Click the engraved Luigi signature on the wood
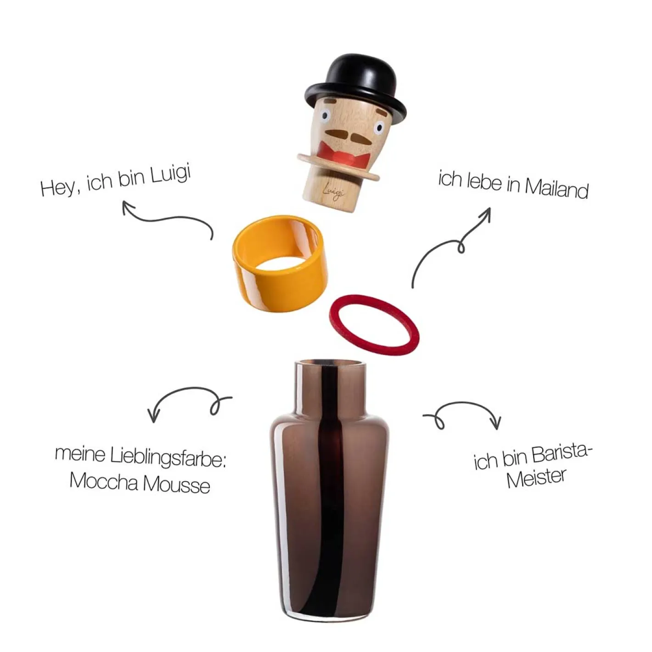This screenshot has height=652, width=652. pos(334,192)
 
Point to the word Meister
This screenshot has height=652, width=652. pos(536,478)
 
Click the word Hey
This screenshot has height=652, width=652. pos(60,187)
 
